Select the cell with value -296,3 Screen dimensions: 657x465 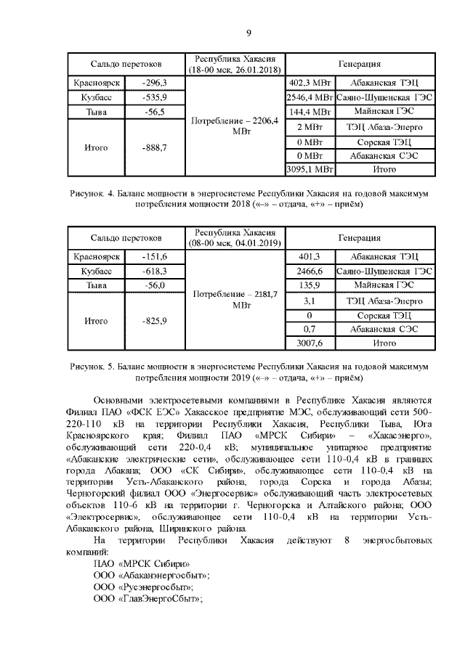coord(155,83)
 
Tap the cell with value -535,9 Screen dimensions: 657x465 coord(155,97)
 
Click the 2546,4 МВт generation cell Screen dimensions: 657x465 coord(310,97)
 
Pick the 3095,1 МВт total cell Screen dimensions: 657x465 coord(310,169)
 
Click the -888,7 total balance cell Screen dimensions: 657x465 coord(155,147)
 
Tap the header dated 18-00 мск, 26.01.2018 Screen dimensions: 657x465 coord(235,64)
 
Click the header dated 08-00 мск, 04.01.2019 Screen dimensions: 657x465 coord(235,237)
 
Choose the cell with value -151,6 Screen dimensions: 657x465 coord(155,257)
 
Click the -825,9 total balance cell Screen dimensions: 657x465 coord(155,321)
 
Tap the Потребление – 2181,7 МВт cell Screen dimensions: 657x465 coord(235,300)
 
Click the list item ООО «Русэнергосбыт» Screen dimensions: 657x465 coord(143,586)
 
